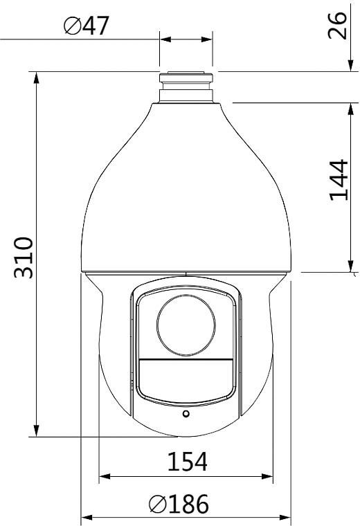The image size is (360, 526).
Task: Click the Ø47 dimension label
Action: click(x=87, y=26)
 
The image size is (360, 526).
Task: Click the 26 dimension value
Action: click(x=337, y=26)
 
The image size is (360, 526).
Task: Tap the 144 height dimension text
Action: click(x=339, y=180)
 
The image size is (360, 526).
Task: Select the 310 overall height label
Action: click(x=24, y=257)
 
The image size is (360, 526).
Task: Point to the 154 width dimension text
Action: click(x=187, y=462)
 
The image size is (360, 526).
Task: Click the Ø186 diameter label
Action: click(x=179, y=504)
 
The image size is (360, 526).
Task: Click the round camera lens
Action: click(x=186, y=326)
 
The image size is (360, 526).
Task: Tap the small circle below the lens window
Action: click(x=186, y=414)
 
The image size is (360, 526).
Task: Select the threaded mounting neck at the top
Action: click(x=186, y=87)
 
